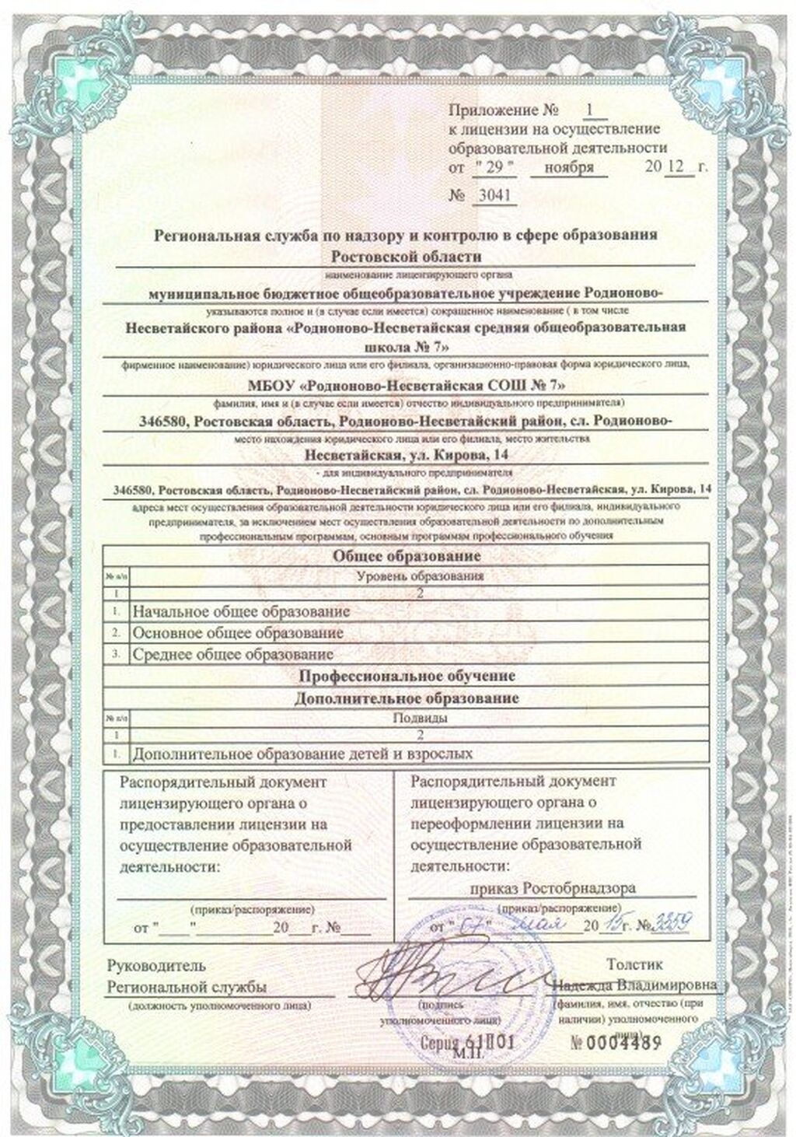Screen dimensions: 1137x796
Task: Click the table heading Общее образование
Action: pos(407,556)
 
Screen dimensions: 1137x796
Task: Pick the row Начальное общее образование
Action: pos(241,612)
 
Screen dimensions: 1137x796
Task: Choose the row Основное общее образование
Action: pos(238,633)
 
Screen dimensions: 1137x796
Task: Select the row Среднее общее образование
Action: pos(233,654)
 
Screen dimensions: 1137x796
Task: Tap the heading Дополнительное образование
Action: pos(407,698)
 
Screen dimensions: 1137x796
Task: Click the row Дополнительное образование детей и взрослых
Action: pos(302,753)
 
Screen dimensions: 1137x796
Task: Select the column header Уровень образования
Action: pos(419,576)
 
